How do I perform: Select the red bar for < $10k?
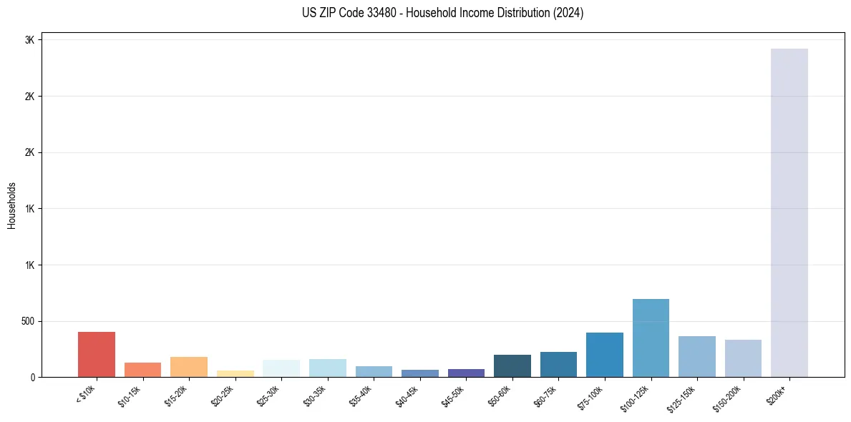[x=97, y=355]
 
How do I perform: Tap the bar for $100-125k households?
[x=651, y=338]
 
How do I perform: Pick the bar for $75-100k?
[x=604, y=355]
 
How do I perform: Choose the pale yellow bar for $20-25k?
[x=235, y=374]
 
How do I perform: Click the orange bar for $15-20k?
[x=189, y=367]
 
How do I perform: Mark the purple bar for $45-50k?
[x=466, y=373]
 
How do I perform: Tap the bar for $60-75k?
[x=558, y=365]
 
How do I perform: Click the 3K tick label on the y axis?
[x=29, y=40]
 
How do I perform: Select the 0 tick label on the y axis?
[x=31, y=377]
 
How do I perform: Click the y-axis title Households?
[x=12, y=205]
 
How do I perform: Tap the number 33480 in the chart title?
[x=383, y=13]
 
